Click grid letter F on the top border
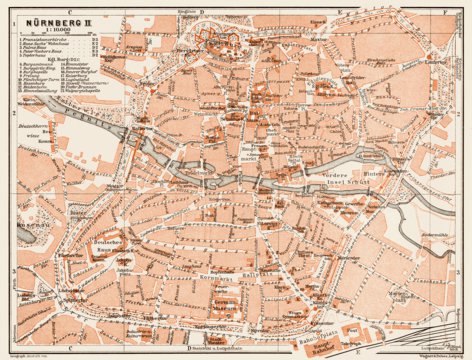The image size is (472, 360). click(447, 5)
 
